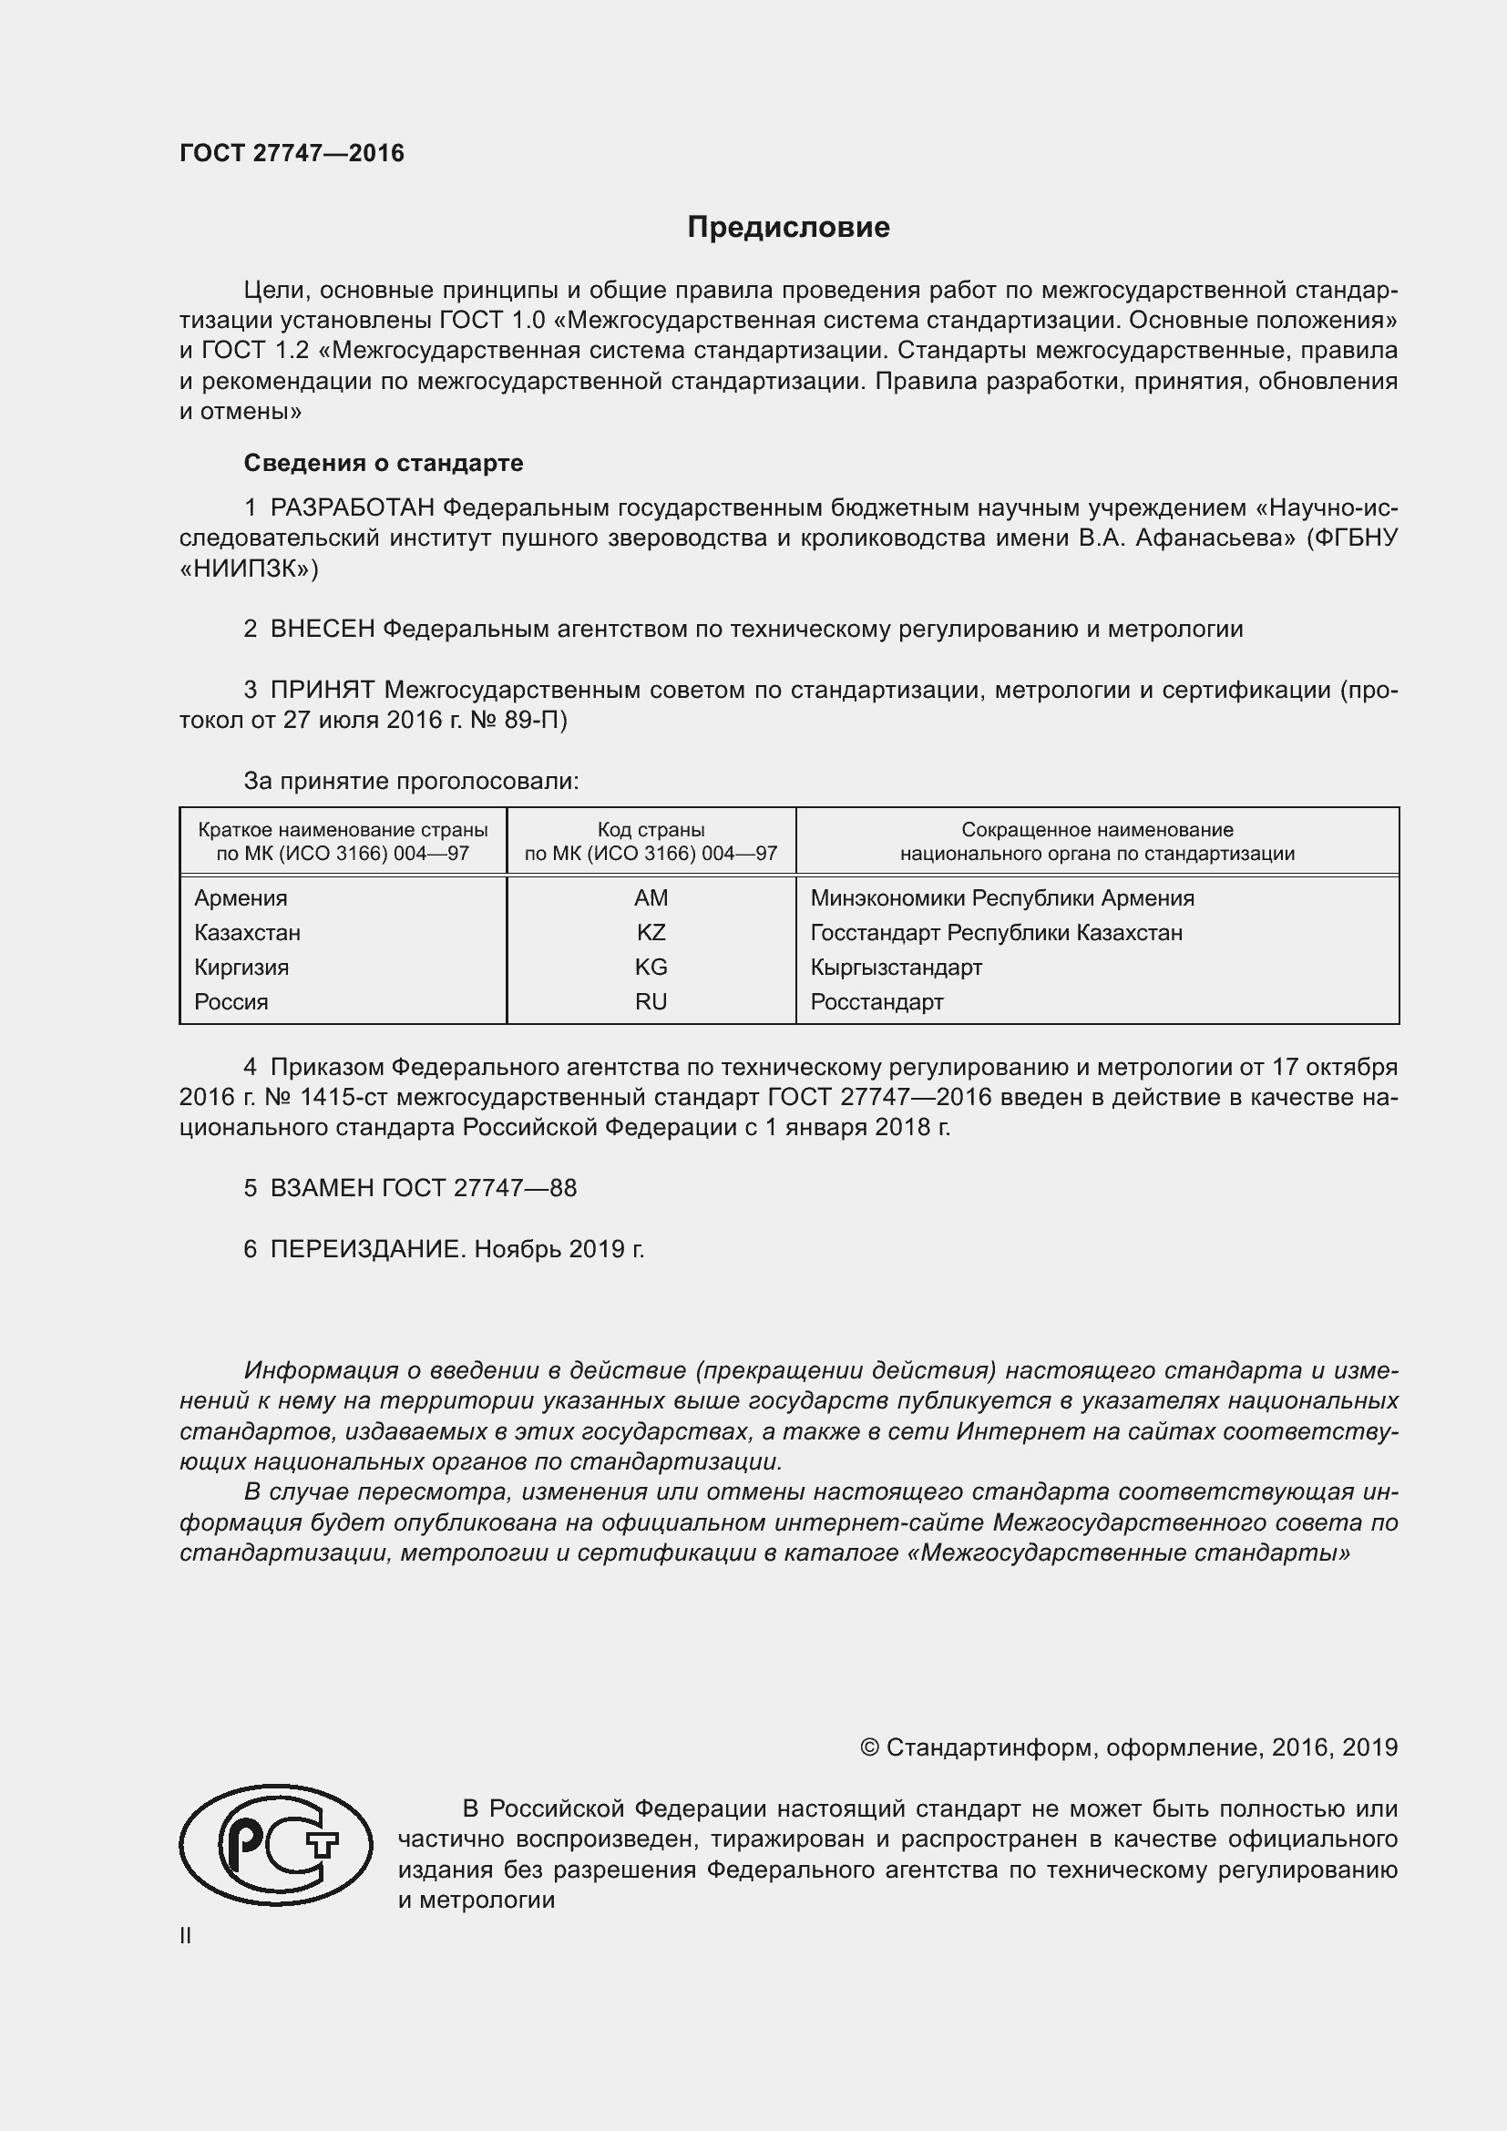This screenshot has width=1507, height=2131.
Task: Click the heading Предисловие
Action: tap(788, 228)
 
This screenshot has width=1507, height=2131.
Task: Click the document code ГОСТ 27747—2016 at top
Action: tap(292, 154)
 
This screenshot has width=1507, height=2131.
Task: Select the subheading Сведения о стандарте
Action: tap(384, 463)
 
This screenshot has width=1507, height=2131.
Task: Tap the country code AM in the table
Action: tap(651, 898)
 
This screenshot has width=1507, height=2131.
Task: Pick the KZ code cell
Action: tap(651, 933)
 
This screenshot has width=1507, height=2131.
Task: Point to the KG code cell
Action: tap(651, 968)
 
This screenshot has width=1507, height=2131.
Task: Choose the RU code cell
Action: tap(651, 1002)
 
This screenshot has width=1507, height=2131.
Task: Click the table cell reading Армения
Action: tap(241, 898)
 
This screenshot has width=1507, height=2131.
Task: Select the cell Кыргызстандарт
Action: tap(896, 968)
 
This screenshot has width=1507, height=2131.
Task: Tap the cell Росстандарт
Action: tap(876, 1002)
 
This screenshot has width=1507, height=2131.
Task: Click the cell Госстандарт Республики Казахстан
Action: tap(996, 933)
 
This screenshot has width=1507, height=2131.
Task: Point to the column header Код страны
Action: tap(651, 830)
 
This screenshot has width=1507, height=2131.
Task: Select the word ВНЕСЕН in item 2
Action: tap(322, 630)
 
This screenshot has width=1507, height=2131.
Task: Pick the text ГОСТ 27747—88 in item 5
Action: tap(479, 1188)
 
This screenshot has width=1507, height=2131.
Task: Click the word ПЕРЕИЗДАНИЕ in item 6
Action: tap(365, 1249)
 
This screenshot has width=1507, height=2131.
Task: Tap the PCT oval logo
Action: tap(275, 1845)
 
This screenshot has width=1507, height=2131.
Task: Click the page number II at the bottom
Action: tap(186, 1936)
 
